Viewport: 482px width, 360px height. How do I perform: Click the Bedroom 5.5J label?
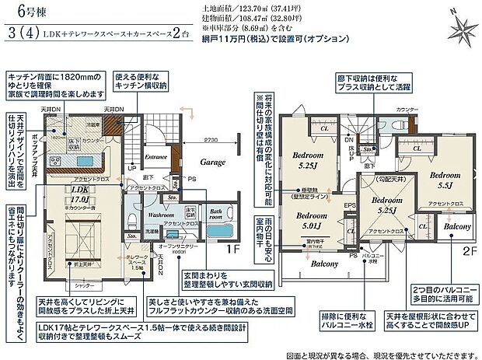coord(446,181)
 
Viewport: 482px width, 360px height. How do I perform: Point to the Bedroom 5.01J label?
coord(314,221)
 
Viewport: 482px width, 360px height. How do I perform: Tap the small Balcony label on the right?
coord(457,227)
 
